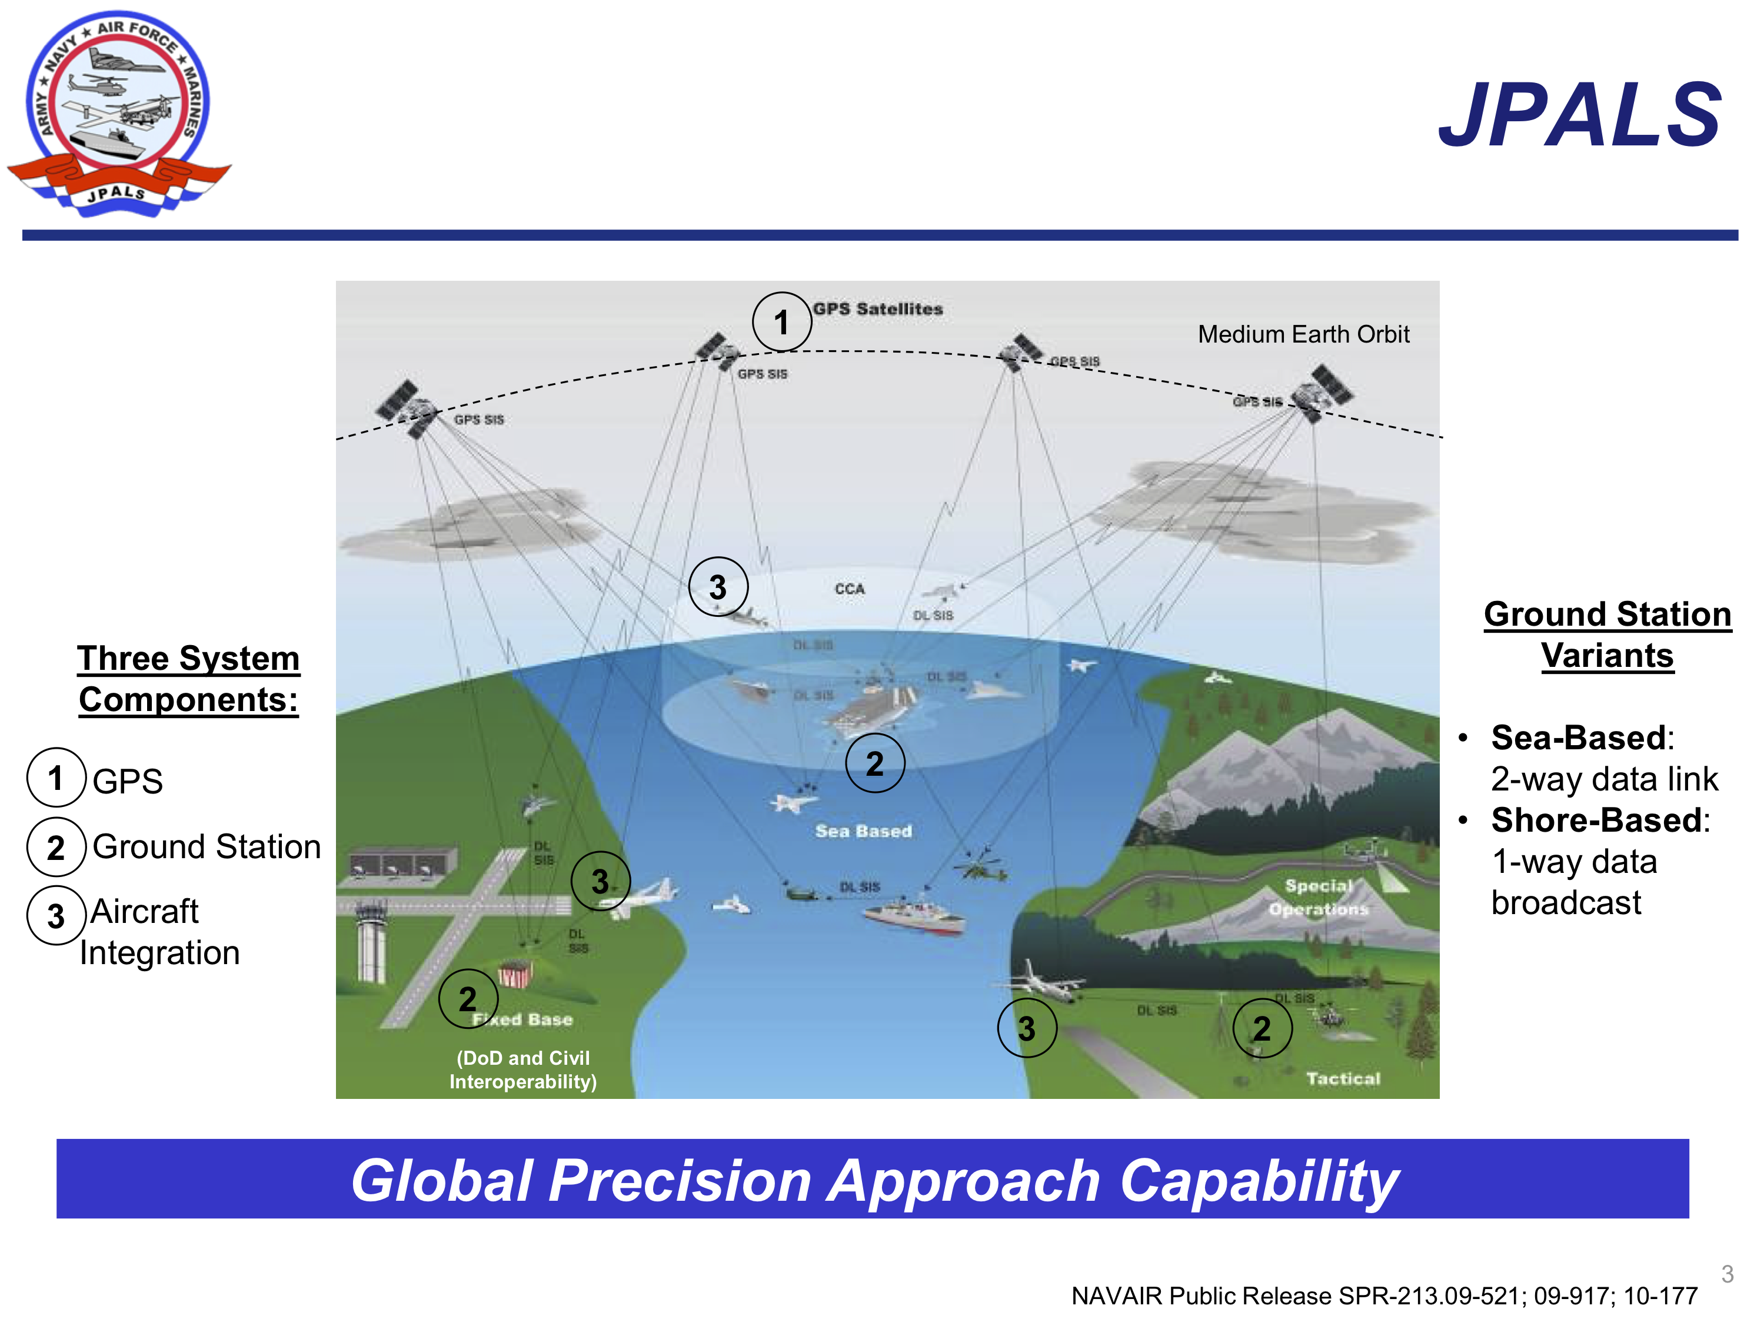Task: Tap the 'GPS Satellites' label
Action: coord(878,308)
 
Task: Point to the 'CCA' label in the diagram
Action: coord(849,589)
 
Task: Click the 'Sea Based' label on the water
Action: coord(864,831)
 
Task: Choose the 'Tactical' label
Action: coord(1343,1078)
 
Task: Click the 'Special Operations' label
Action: coord(1319,897)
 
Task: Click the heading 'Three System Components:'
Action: coord(189,679)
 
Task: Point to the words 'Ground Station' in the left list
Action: coord(206,846)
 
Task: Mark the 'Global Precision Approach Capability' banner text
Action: coord(874,1180)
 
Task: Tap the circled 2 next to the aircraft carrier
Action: coord(874,763)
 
